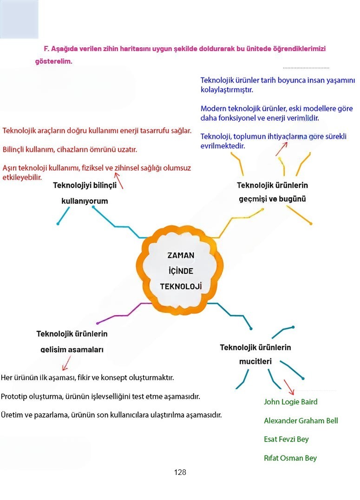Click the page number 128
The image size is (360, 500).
click(x=180, y=473)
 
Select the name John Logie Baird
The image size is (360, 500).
click(x=290, y=402)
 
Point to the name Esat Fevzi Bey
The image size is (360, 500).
click(x=286, y=439)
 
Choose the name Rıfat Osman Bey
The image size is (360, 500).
click(x=290, y=458)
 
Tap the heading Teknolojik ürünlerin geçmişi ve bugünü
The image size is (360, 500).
click(x=272, y=192)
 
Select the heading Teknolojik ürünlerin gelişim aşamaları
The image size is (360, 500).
click(x=72, y=341)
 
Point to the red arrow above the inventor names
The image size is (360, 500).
click(x=288, y=387)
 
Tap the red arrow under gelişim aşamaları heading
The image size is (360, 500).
click(x=66, y=362)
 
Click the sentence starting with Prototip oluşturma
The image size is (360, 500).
click(x=100, y=397)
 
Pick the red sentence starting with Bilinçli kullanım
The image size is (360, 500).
click(x=70, y=150)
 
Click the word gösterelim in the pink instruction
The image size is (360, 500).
click(x=54, y=61)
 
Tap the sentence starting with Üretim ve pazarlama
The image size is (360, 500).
click(x=111, y=415)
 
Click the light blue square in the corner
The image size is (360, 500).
click(x=19, y=19)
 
